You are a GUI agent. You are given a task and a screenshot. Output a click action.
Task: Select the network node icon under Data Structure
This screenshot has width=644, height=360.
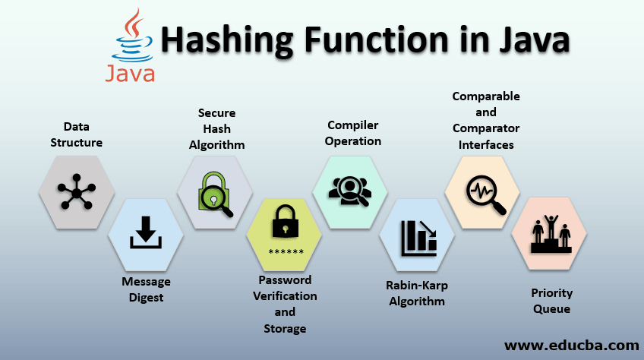[77, 192]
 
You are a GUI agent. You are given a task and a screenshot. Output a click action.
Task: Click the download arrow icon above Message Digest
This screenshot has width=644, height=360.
[146, 232]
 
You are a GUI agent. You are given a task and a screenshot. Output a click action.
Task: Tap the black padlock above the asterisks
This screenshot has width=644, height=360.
[286, 224]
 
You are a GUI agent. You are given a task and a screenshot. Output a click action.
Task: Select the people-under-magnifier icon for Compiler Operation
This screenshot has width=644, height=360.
[350, 191]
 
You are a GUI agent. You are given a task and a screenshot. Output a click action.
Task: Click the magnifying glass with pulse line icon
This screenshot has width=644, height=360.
[484, 191]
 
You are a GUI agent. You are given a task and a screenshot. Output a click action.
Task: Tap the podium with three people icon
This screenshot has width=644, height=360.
[551, 235]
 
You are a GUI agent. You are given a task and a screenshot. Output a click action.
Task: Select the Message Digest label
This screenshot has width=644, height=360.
[146, 289]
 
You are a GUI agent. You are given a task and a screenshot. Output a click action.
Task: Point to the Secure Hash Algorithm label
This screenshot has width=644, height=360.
[216, 128]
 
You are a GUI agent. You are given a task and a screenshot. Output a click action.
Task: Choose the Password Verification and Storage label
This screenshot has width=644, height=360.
[285, 303]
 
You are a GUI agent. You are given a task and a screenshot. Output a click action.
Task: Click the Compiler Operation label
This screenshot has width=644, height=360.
[353, 133]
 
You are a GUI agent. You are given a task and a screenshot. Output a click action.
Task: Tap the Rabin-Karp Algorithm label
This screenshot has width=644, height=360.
[416, 293]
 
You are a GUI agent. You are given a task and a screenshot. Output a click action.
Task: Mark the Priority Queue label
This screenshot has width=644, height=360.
[551, 301]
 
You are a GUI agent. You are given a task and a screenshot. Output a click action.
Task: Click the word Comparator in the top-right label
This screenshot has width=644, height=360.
[486, 128]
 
